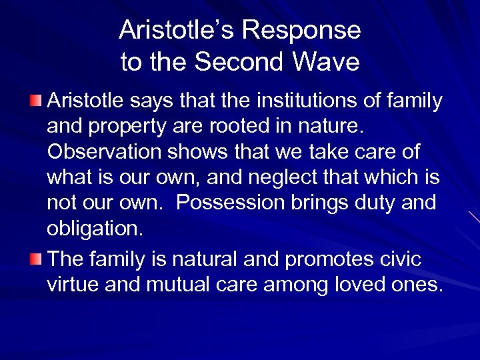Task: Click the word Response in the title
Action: [302, 31]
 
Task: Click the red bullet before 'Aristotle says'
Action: [39, 101]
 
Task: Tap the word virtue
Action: [75, 285]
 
